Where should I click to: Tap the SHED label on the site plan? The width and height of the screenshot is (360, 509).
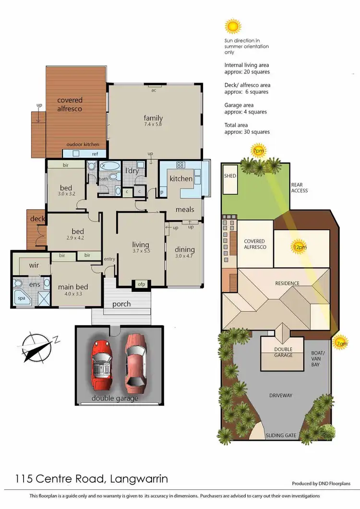[230, 176]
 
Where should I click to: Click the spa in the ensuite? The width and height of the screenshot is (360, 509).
[22, 297]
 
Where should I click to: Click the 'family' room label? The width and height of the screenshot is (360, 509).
[154, 118]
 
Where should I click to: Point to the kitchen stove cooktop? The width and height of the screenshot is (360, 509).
[181, 165]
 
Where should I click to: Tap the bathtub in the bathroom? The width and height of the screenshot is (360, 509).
[110, 166]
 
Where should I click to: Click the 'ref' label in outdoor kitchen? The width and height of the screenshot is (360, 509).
[95, 154]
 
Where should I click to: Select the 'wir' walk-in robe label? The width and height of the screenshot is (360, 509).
[34, 265]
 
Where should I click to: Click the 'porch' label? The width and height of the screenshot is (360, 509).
[121, 304]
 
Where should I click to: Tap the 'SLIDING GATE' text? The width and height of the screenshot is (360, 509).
[281, 436]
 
